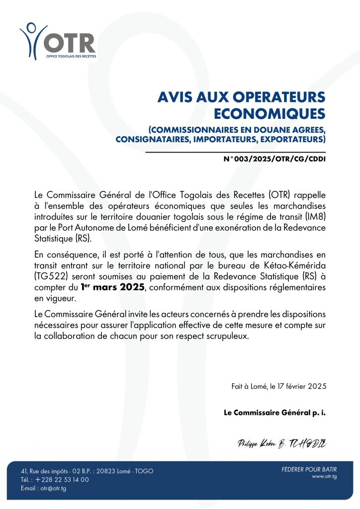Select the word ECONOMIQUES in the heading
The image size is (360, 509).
click(x=270, y=113)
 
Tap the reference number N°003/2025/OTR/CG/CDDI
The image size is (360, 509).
click(x=275, y=161)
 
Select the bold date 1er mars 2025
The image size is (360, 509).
click(x=113, y=288)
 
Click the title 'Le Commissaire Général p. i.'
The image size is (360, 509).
click(x=274, y=413)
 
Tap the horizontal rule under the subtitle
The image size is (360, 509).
click(x=235, y=152)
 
